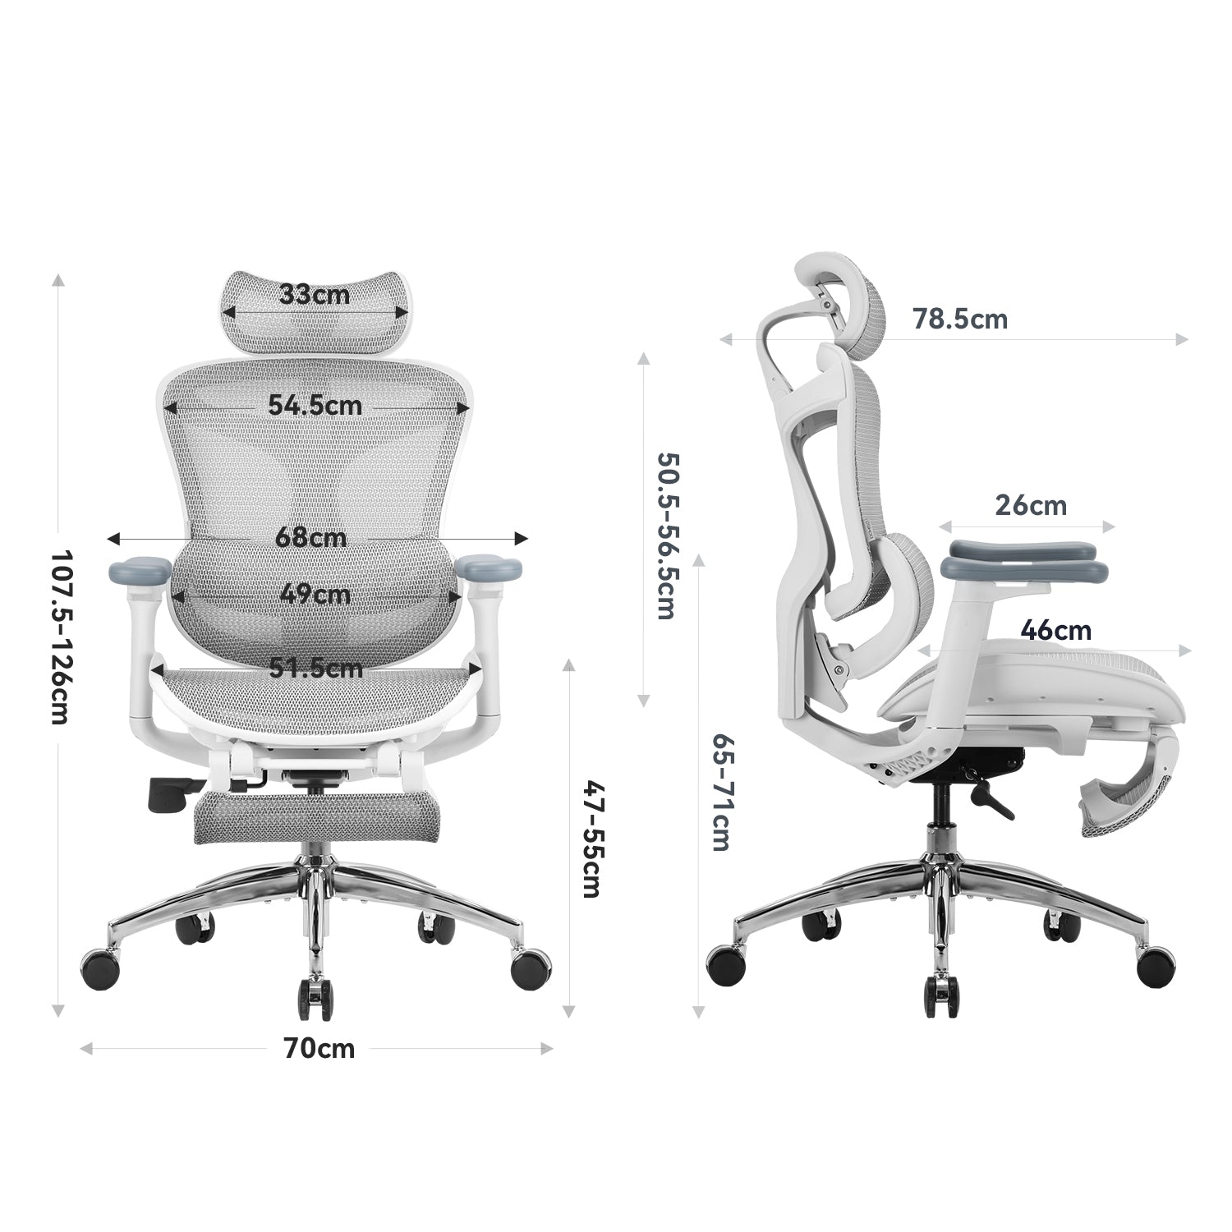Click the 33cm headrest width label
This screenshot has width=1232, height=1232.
click(314, 294)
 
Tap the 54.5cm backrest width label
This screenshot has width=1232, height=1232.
click(315, 405)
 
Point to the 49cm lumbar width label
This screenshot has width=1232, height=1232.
click(314, 593)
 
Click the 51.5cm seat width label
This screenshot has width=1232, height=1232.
click(316, 668)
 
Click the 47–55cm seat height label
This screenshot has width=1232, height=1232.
click(593, 839)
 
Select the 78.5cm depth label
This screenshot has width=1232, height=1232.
click(959, 319)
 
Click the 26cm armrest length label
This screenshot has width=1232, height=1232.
click(1030, 505)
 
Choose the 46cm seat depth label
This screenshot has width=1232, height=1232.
click(1055, 631)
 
